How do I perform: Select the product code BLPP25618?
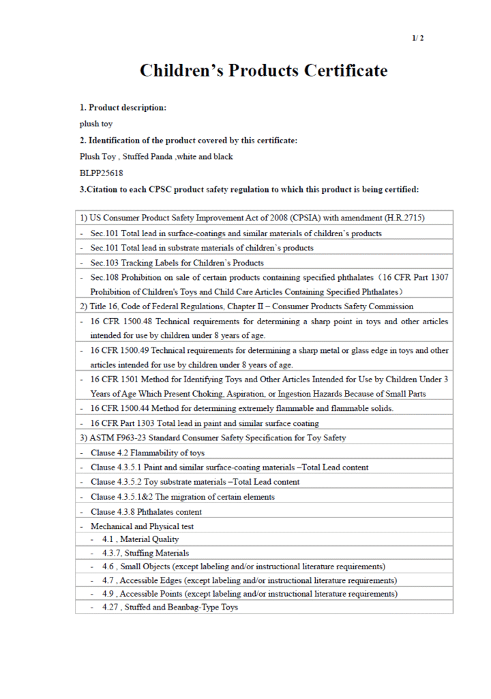tap(102, 173)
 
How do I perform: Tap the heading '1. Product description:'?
tap(123, 108)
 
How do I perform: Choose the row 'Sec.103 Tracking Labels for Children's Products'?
tap(177, 263)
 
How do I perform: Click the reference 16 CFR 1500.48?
tap(117, 322)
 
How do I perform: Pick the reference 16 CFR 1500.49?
tap(117, 351)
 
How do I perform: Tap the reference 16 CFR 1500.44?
tap(117, 408)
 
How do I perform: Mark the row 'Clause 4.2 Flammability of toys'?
tap(147, 453)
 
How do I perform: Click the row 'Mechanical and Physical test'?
tap(142, 526)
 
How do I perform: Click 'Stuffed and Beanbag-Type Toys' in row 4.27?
tap(179, 607)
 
